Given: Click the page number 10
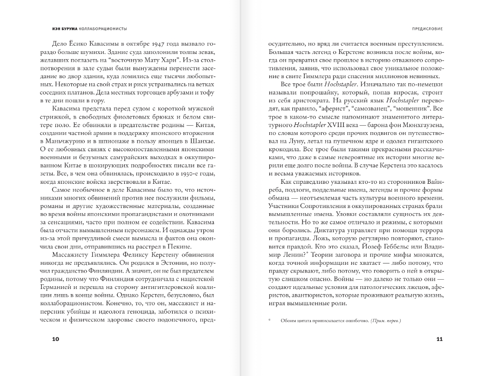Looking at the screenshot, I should tap(55, 339).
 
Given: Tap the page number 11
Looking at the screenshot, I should tap(439, 339).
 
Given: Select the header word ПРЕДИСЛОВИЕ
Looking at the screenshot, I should tap(424, 28).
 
